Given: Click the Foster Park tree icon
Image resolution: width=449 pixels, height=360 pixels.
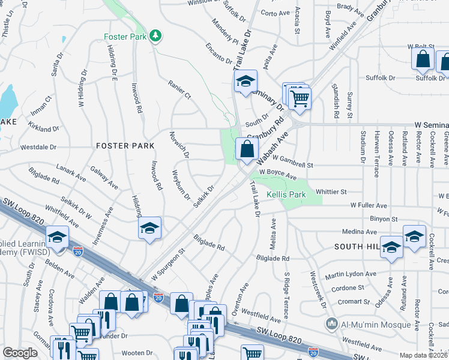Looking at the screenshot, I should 156,36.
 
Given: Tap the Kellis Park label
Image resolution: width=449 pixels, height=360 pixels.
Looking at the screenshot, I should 286,195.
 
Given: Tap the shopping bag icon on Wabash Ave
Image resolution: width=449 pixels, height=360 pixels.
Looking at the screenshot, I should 246,149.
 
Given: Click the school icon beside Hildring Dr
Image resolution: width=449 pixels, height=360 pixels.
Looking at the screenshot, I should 149,229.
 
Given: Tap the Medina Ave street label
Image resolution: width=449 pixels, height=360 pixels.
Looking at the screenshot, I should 358,232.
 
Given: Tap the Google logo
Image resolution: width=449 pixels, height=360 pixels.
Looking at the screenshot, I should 20,353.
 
